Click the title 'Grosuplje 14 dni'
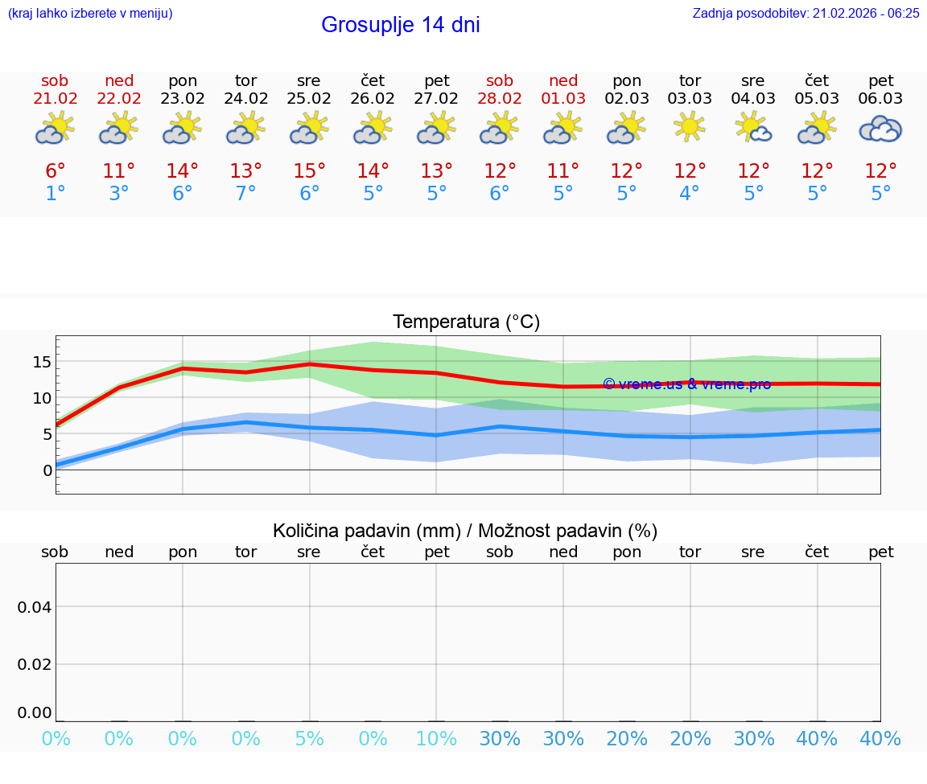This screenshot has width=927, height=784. pos(400,25)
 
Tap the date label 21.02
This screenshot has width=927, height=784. pos(56,98)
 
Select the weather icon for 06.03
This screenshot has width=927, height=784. pos(880,129)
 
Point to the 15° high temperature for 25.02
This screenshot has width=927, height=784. pos(309,170)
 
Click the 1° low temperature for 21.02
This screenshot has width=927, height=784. pos(56,194)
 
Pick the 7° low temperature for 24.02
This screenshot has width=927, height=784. pos(245,194)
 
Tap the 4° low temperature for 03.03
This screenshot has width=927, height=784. pos(690,194)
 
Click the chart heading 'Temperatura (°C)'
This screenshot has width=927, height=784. pos(466,322)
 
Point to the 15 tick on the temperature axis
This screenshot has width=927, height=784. pos(42,362)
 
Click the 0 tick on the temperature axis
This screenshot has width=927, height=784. pos(47,470)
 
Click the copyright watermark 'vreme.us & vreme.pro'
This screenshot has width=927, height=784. pos(686,384)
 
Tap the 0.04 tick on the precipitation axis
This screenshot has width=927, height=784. pos(35,607)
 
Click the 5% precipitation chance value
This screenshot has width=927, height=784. pos(309,739)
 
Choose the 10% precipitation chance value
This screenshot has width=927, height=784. pos(436,739)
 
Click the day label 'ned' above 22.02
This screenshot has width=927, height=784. pos(119,80)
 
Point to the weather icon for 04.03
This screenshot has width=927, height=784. pos(753,128)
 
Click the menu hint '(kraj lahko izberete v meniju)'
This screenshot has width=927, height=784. pos(90,13)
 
